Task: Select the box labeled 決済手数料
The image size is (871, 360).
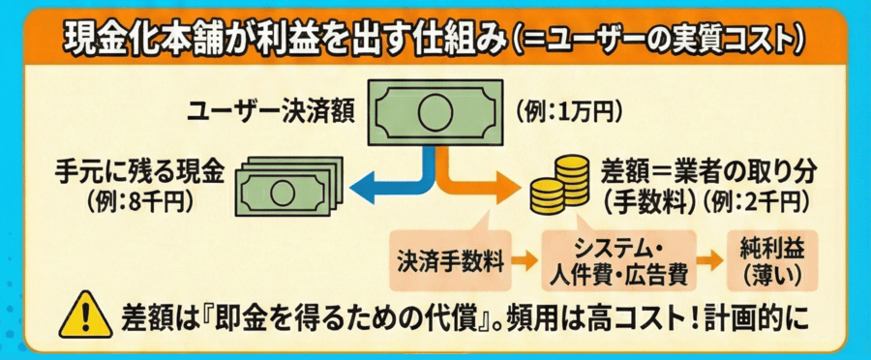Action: click(449, 260)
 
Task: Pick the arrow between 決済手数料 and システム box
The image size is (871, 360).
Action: click(524, 260)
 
